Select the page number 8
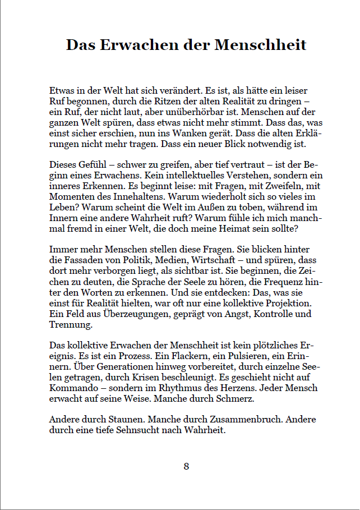tap(186, 466)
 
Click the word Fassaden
tap(80, 260)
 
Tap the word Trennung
tap(71, 324)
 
